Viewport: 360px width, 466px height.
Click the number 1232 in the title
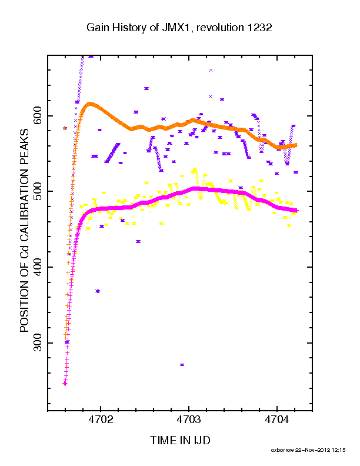tap(257, 28)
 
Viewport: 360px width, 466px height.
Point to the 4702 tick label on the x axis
tap(101, 420)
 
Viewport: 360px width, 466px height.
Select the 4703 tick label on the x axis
tap(189, 420)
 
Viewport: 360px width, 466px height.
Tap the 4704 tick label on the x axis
tap(277, 420)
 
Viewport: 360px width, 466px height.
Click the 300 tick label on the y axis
tap(38, 343)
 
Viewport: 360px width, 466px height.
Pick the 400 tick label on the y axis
tap(38, 267)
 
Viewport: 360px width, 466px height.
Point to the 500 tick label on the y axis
tap(38, 191)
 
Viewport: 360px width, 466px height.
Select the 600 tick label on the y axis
tap(38, 115)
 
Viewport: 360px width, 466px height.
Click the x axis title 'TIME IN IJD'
tap(180, 441)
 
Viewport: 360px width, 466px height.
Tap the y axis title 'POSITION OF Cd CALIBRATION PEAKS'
tap(24, 230)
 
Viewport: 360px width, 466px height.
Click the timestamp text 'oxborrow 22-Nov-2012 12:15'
tap(308, 450)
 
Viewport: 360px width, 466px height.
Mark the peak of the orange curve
tap(91, 104)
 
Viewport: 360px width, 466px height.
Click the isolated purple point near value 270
tap(182, 365)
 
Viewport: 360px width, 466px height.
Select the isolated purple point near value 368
tap(98, 291)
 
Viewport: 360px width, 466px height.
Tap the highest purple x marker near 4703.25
tap(211, 71)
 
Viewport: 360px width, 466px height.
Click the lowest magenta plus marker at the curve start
tap(65, 384)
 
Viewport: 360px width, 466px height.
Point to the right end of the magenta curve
tap(296, 211)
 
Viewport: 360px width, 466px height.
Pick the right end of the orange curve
tap(296, 145)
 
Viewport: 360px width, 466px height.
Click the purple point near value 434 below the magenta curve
tap(138, 241)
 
